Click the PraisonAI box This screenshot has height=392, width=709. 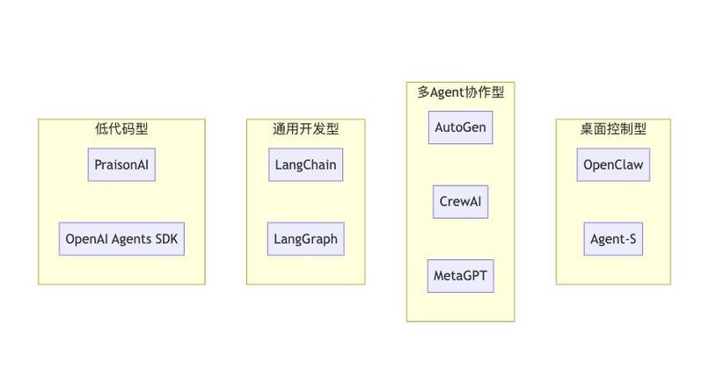pyautogui.click(x=121, y=165)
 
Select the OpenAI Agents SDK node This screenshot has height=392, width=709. pyautogui.click(x=121, y=239)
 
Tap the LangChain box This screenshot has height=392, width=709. pyautogui.click(x=305, y=165)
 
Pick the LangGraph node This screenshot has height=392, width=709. pyautogui.click(x=305, y=239)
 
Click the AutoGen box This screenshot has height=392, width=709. pyautogui.click(x=460, y=127)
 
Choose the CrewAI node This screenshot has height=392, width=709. pyautogui.click(x=460, y=202)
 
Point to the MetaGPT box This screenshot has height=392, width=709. pyautogui.click(x=460, y=276)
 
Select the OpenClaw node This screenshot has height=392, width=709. pyautogui.click(x=613, y=165)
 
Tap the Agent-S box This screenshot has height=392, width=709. pyautogui.click(x=613, y=239)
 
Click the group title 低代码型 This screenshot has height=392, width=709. pyautogui.click(x=121, y=129)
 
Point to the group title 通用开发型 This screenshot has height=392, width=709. pyautogui.click(x=305, y=129)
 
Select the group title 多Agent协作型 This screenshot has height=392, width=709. pyautogui.click(x=460, y=91)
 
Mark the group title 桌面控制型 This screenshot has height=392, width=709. pyautogui.click(x=613, y=129)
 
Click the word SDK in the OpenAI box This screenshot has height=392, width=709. pyautogui.click(x=164, y=239)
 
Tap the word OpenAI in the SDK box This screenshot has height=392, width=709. pyautogui.click(x=86, y=239)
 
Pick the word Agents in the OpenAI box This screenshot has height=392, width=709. pyautogui.click(x=128, y=239)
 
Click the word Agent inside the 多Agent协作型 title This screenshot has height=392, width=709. pyautogui.click(x=449, y=91)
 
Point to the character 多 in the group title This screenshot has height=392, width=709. pyautogui.click(x=423, y=91)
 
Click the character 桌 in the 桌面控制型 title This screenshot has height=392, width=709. pyautogui.click(x=587, y=129)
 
